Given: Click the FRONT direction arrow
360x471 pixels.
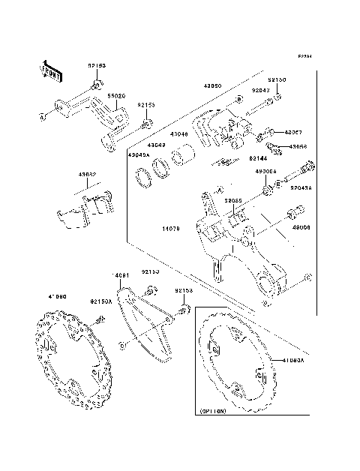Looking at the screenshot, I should pyautogui.click(x=50, y=70).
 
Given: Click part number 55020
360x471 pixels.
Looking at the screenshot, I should pyautogui.click(x=116, y=97).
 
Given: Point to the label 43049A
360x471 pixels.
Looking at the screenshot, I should pyautogui.click(x=139, y=154).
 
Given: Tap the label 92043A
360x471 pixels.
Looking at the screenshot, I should pyautogui.click(x=301, y=188).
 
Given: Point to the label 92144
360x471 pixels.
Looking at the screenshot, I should pyautogui.click(x=259, y=159).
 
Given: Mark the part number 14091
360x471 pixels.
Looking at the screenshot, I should pyautogui.click(x=121, y=276).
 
